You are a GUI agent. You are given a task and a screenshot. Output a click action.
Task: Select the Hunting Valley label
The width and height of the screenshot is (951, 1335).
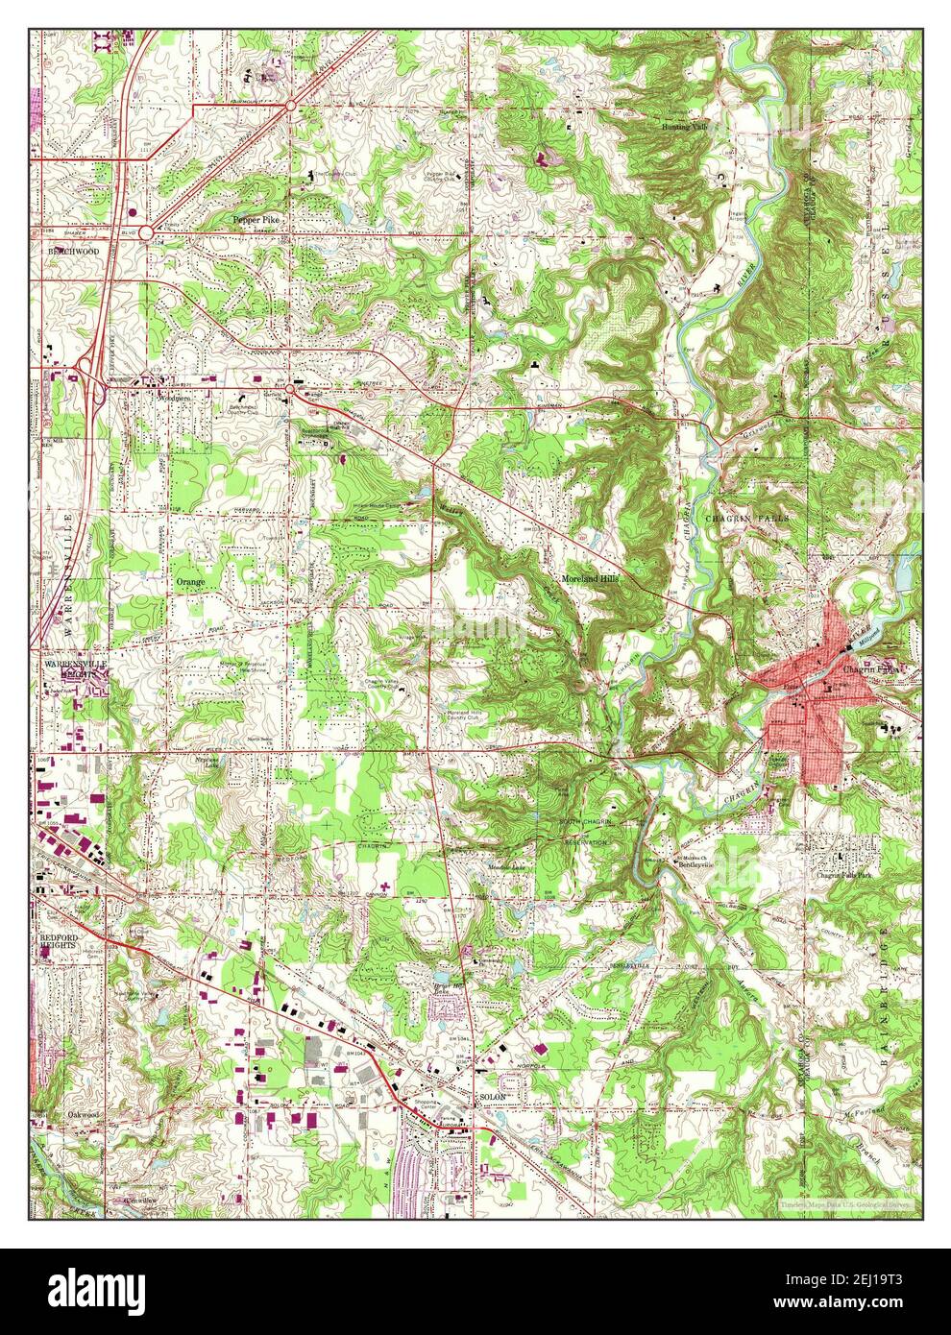(x=683, y=126)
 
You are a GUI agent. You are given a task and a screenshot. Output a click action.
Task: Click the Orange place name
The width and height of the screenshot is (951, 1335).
(x=190, y=582)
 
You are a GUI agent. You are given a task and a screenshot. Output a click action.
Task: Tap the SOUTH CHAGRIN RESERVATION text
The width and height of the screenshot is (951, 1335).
(x=585, y=832)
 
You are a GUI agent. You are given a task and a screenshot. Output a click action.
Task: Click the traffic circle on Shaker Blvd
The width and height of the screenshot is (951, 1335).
(x=145, y=231)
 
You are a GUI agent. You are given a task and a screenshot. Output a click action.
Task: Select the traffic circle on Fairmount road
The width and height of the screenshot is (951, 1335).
(x=290, y=105)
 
